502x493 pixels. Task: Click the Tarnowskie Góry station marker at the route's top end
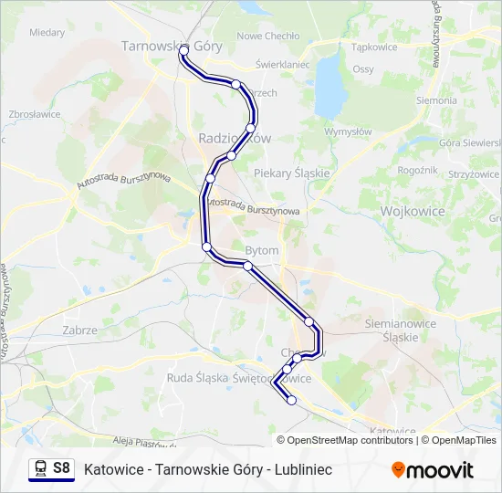pos(184,48)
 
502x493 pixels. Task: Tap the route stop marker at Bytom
pos(247,266)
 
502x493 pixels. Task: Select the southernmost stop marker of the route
pos(292,400)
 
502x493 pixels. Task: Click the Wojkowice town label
pos(411,211)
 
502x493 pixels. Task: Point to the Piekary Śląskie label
pos(291,173)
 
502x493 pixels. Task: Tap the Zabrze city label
pos(80,330)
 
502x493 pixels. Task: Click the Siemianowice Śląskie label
pos(392,330)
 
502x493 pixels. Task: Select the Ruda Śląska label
pos(190,377)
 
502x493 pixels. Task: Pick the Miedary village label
pos(47,32)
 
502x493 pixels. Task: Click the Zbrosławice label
pos(34,114)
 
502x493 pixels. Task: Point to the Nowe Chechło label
pos(268,37)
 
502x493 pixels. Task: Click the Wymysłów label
pos(349,131)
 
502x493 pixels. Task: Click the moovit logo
pos(433,470)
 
